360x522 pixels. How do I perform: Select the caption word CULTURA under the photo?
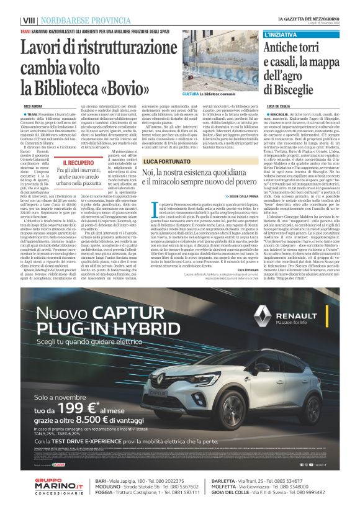point(191,94)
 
